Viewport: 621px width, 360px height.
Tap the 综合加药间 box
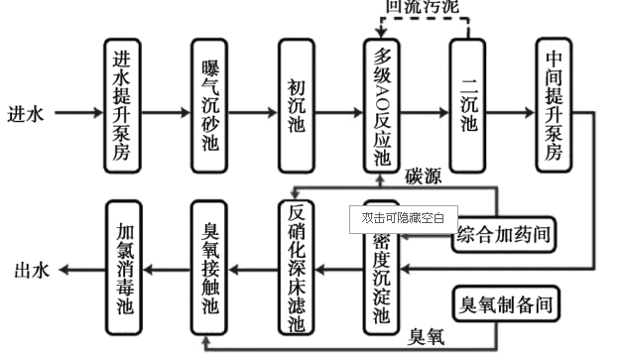(503, 234)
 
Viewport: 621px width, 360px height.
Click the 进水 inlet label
(27, 113)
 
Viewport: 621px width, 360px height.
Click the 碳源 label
(425, 178)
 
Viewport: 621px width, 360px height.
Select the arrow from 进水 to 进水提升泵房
(75, 113)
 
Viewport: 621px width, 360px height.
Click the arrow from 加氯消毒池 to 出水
(79, 270)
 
